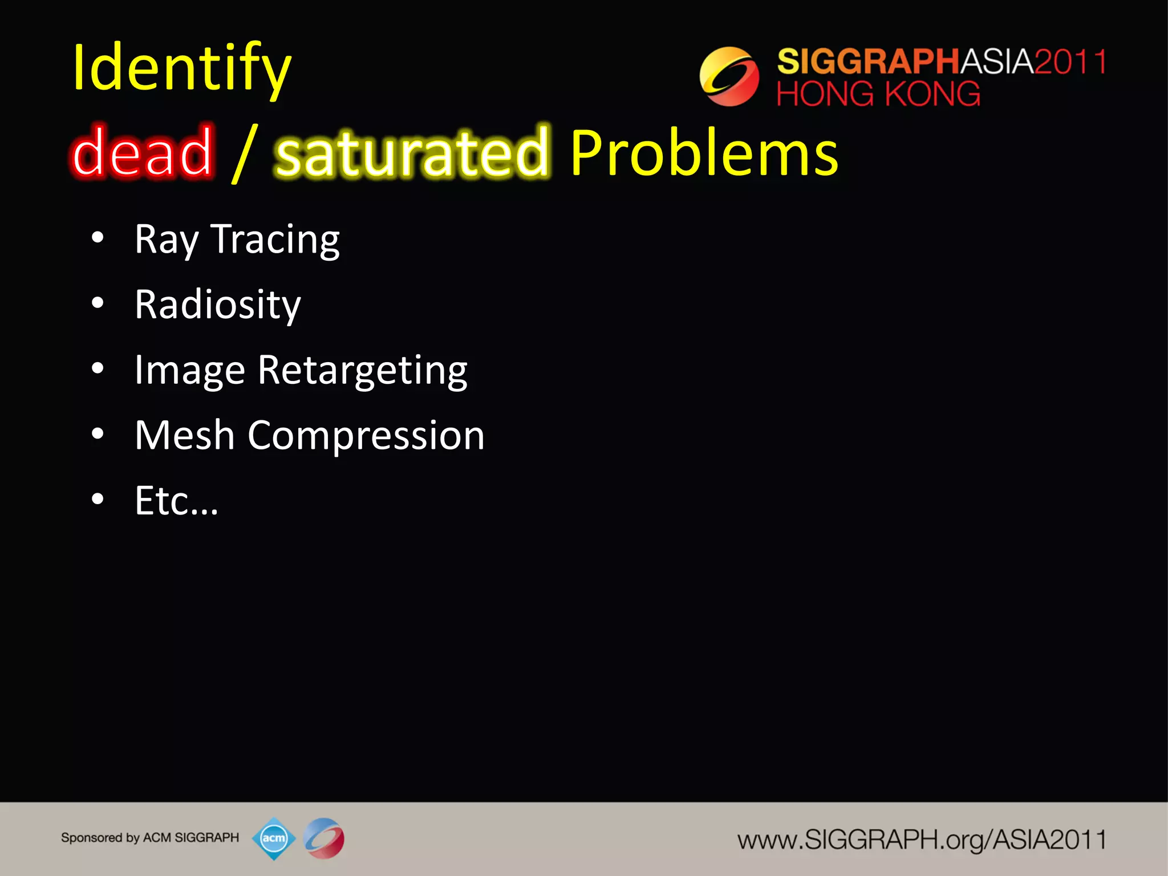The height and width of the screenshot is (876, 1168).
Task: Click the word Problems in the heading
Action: coord(704,153)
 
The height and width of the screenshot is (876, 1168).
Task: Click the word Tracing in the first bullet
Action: coord(275,240)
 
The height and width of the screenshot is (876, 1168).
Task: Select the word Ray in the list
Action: coord(166,240)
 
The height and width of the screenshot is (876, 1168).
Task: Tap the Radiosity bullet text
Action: coord(217,305)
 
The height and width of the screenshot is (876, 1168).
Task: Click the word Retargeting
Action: coord(362,371)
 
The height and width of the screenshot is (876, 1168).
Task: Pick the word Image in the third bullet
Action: coord(190,371)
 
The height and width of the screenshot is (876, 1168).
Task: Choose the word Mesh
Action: coord(184,436)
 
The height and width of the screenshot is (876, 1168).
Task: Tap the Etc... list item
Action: coord(176,501)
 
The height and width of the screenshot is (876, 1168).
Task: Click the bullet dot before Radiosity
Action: coord(98,303)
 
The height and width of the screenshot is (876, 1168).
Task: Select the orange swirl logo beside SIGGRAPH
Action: coord(729,76)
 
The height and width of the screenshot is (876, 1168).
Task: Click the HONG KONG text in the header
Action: coord(878,94)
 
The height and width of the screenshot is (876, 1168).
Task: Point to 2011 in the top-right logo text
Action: coord(1070,62)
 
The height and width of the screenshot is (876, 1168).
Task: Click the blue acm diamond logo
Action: coord(274,838)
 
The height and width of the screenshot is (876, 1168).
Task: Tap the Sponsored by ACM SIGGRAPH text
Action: coord(150,838)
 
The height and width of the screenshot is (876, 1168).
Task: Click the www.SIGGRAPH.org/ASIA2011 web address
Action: coord(921,840)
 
